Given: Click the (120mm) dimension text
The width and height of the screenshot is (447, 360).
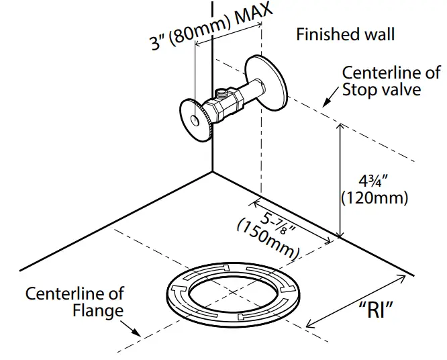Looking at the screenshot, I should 375,198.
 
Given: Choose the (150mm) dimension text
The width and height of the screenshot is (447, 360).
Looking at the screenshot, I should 268,240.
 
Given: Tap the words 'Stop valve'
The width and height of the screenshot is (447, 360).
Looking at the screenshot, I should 381,89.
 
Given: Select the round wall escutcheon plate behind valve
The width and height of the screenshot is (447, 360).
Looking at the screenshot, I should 266,81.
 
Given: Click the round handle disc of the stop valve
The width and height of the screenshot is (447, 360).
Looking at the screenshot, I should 195,120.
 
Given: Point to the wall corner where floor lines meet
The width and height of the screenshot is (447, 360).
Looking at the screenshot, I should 213,171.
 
